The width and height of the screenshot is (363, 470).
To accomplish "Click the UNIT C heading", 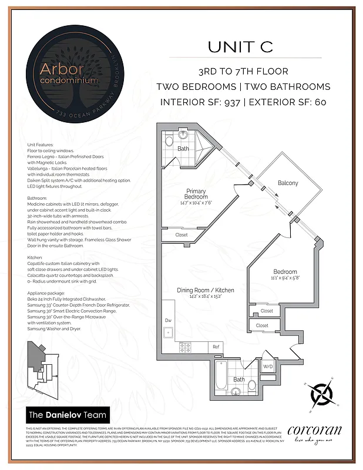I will (x=240, y=48).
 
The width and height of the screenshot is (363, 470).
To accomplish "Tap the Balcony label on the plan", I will (x=288, y=183).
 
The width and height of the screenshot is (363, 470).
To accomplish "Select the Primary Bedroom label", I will (x=196, y=194).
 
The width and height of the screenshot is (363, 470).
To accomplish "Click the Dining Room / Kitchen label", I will (x=205, y=290).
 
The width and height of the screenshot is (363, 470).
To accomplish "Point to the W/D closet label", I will (x=268, y=367).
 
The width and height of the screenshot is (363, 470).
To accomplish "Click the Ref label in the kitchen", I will (x=216, y=347).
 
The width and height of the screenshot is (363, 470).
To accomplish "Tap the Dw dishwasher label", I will (x=167, y=320).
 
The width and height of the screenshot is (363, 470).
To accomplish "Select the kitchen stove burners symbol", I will (x=187, y=347).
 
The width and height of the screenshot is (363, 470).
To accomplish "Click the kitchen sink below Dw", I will (x=168, y=332).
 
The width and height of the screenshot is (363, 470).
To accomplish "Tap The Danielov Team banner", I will (x=68, y=415).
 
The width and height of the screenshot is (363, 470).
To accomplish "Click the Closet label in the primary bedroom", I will (x=181, y=235).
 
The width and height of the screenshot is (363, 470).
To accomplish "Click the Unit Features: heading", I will (x=40, y=145).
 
